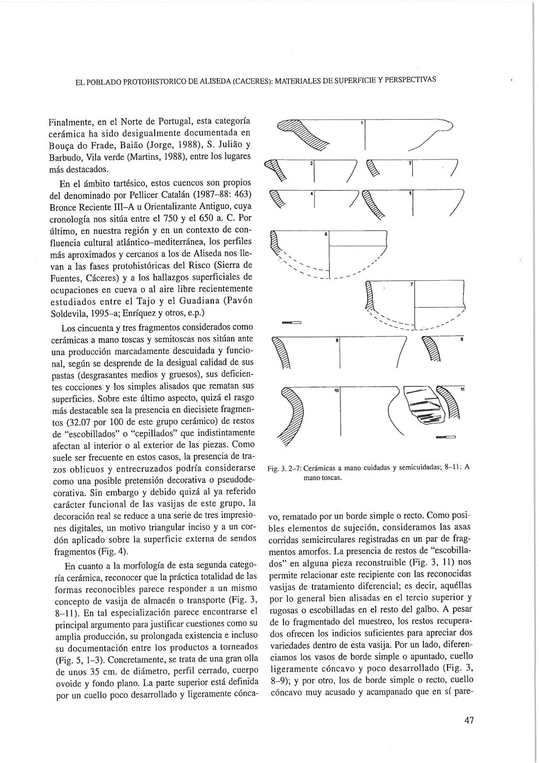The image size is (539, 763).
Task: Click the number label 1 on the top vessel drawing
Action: [362, 123]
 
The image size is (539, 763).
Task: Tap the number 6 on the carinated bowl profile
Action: [326, 235]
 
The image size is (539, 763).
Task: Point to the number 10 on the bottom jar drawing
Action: [336, 391]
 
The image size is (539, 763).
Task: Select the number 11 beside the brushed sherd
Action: [462, 390]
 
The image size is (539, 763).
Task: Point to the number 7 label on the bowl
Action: [411, 285]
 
